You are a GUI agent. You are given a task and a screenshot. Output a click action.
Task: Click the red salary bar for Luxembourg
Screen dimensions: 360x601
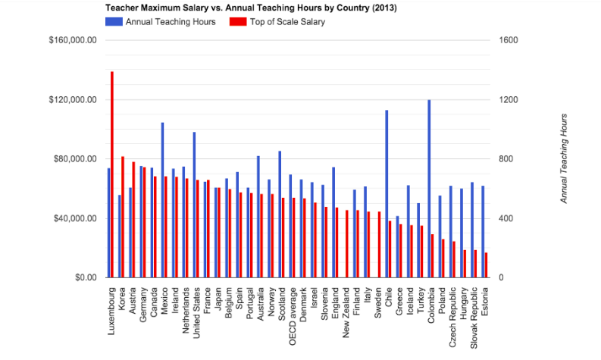pos(112,174)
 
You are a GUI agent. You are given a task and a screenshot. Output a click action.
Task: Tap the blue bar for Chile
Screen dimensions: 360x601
pos(387,193)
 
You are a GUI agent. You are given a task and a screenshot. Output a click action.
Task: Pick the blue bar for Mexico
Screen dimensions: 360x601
pos(162,200)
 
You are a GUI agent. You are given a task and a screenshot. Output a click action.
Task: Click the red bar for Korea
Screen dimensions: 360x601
pos(123,217)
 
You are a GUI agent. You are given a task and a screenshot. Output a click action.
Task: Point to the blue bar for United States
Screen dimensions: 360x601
pos(194,205)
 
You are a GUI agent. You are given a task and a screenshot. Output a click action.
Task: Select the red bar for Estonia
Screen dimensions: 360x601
pos(486,265)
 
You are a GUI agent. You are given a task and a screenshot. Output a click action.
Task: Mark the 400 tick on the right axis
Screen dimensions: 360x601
pos(505,218)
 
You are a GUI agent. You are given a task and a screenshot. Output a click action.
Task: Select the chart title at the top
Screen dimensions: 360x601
pos(250,8)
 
